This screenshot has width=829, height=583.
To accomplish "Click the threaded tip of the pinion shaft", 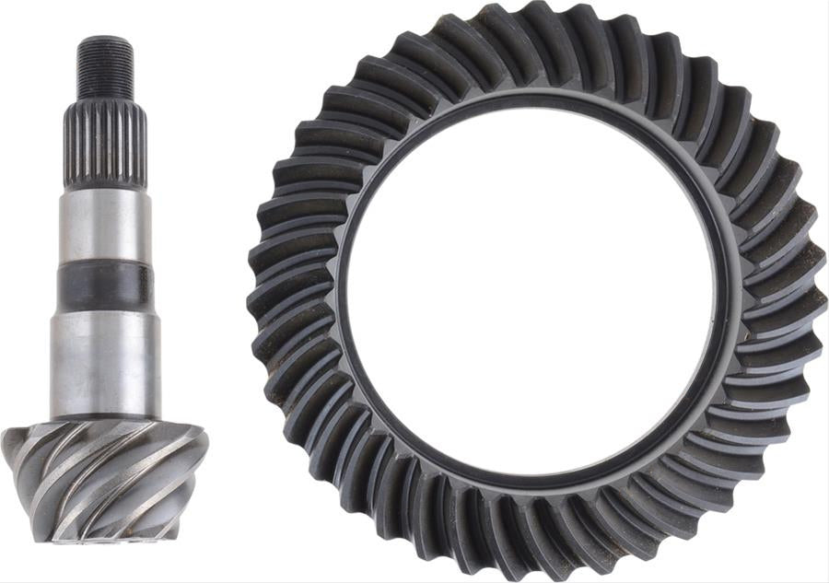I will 104,69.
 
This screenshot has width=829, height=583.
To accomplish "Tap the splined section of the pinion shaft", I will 104,143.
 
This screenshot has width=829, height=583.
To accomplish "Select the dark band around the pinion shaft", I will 104,286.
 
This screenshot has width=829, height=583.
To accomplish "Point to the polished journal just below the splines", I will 104,226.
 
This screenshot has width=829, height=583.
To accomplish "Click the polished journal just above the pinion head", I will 104,364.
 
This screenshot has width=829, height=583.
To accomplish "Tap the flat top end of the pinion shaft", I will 104,39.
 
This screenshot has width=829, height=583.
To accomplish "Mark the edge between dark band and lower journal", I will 104,311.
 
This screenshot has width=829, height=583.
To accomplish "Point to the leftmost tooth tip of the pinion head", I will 7,442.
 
